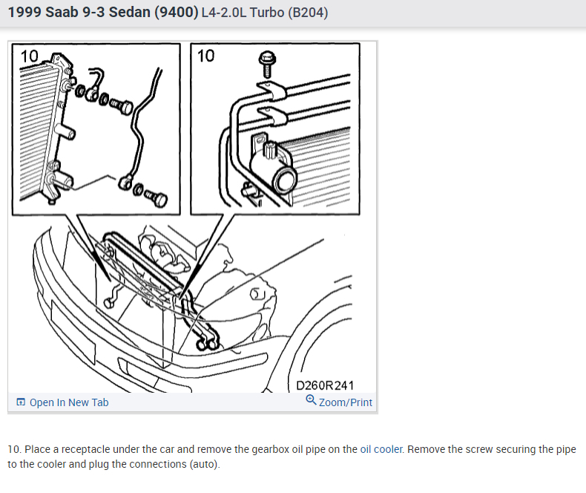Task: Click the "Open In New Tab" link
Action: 69,402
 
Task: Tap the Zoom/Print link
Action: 346,402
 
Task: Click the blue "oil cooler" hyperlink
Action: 381,449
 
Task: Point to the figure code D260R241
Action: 325,385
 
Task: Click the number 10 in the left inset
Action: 29,56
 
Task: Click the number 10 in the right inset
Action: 205,56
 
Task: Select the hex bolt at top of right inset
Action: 267,64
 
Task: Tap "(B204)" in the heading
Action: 308,13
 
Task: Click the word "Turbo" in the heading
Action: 267,13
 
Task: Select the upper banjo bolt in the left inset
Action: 121,107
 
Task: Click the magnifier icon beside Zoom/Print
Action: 311,400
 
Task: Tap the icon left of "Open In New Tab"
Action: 21,402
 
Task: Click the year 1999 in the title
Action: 24,13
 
